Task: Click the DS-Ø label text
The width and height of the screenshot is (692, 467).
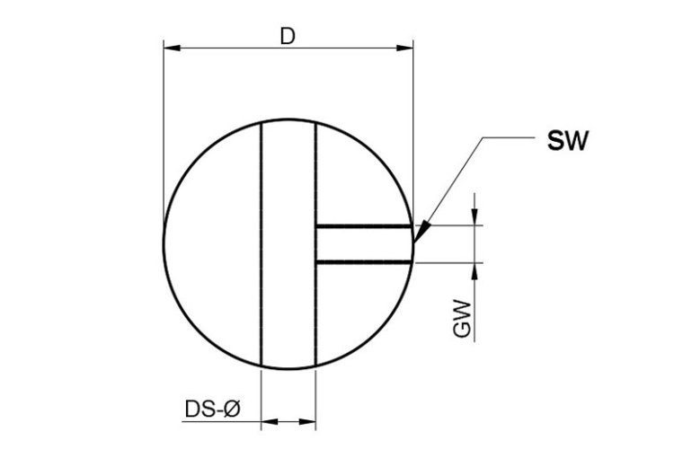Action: [x=212, y=410]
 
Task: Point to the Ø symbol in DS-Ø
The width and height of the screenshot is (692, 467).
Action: [x=231, y=410]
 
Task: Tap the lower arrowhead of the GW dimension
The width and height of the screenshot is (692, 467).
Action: [x=475, y=269]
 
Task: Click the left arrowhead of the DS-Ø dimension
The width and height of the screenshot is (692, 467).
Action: [x=268, y=420]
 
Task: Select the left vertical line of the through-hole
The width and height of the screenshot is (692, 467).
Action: [x=261, y=242]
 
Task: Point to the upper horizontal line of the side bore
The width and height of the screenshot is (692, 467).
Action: [x=364, y=226]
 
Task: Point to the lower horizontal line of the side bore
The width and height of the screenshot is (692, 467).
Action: [x=364, y=261]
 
